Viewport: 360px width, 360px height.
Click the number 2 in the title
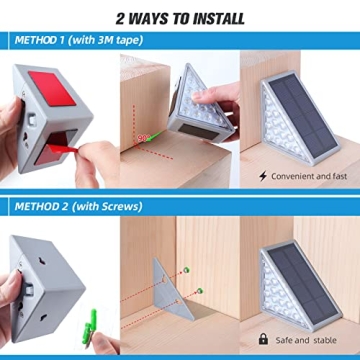(x=120, y=18)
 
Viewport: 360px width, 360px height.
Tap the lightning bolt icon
(x=263, y=175)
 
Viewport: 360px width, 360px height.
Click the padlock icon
(x=263, y=340)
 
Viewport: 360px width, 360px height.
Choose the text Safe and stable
(x=308, y=340)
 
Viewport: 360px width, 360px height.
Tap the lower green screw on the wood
(x=199, y=290)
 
